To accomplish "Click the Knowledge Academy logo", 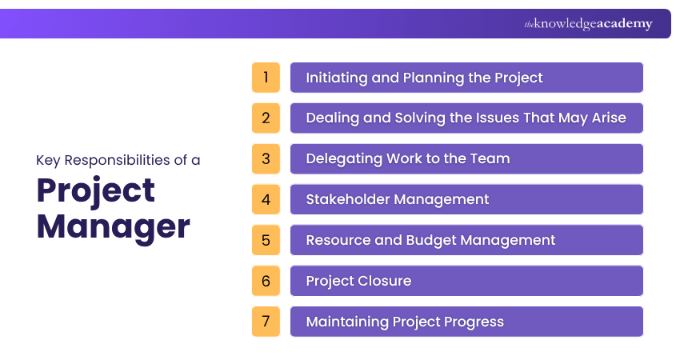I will pos(588,24).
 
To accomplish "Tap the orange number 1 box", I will pos(266,78).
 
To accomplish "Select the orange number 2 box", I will pos(266,118).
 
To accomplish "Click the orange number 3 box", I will pos(266,158).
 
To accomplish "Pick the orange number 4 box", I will pos(266,199).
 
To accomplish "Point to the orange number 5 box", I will pos(266,240).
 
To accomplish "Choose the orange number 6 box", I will pos(266,281).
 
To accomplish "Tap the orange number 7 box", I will pos(266,322).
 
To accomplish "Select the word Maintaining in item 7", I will pos(347,322).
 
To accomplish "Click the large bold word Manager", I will pos(113,226).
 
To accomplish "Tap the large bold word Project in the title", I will pos(96,190).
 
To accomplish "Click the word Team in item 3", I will pos(491,158).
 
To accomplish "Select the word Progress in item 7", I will pos(471,322).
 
